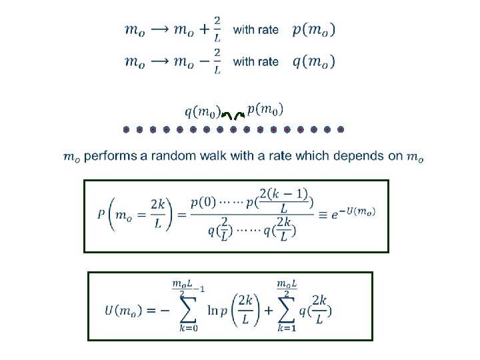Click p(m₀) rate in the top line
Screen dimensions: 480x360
pyautogui.click(x=314, y=29)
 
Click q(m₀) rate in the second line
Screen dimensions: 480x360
pyautogui.click(x=314, y=61)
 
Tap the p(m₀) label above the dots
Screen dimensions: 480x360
pyautogui.click(x=265, y=108)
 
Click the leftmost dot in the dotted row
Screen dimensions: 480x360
pyautogui.click(x=125, y=129)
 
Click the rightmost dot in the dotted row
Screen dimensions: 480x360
pyautogui.click(x=340, y=129)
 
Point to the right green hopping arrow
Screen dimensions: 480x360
pyautogui.click(x=240, y=117)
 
